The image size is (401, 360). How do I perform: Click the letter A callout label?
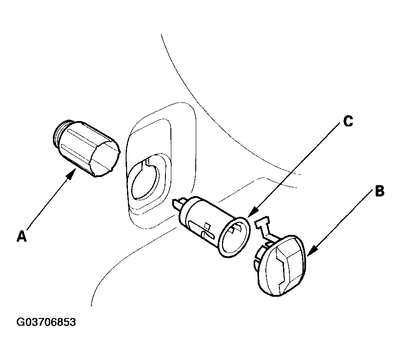point(22,236)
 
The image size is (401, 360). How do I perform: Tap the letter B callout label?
point(380,191)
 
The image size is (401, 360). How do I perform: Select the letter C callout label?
point(348,121)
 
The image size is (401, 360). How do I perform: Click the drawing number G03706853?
point(46,322)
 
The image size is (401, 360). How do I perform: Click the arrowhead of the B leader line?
point(311,251)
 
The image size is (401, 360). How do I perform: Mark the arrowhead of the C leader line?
point(252,211)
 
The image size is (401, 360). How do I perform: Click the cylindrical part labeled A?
point(86,148)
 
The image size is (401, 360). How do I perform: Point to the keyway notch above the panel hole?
point(147,163)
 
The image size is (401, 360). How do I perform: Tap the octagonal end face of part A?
point(105,158)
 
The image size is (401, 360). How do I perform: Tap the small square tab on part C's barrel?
point(207,226)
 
